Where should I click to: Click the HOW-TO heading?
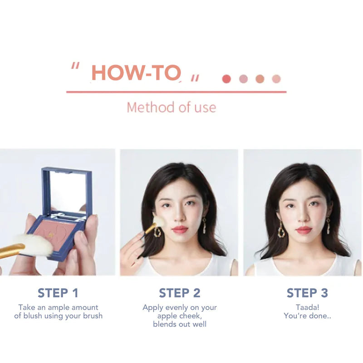point(136,73)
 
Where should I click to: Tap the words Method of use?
point(172,108)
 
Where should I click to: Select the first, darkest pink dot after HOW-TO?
point(226,79)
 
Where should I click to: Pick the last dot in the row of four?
point(276,79)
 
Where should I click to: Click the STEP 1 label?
point(58,293)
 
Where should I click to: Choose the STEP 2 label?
point(180,293)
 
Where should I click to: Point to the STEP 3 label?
point(307,293)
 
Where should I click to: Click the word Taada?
point(308,308)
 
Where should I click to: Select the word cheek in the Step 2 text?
point(191,316)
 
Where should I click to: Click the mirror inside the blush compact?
point(67,191)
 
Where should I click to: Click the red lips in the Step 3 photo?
point(304,230)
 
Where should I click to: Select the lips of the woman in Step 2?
point(180,230)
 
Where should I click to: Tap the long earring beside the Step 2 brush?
point(157,231)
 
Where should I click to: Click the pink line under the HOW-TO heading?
point(177,92)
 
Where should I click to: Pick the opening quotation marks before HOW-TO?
point(75,66)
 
